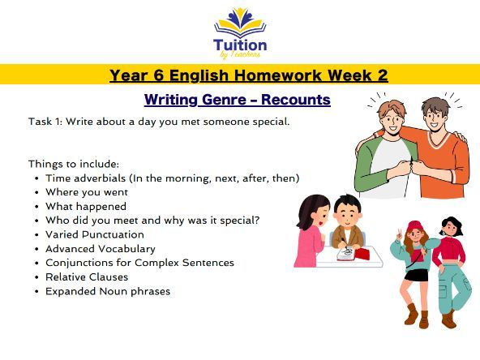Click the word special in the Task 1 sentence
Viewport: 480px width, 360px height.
point(265,122)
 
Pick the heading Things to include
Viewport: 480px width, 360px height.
point(74,164)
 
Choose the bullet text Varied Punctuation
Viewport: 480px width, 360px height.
point(95,234)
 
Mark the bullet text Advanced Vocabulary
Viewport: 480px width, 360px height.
point(101,249)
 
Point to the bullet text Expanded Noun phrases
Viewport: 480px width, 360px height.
point(108,291)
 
